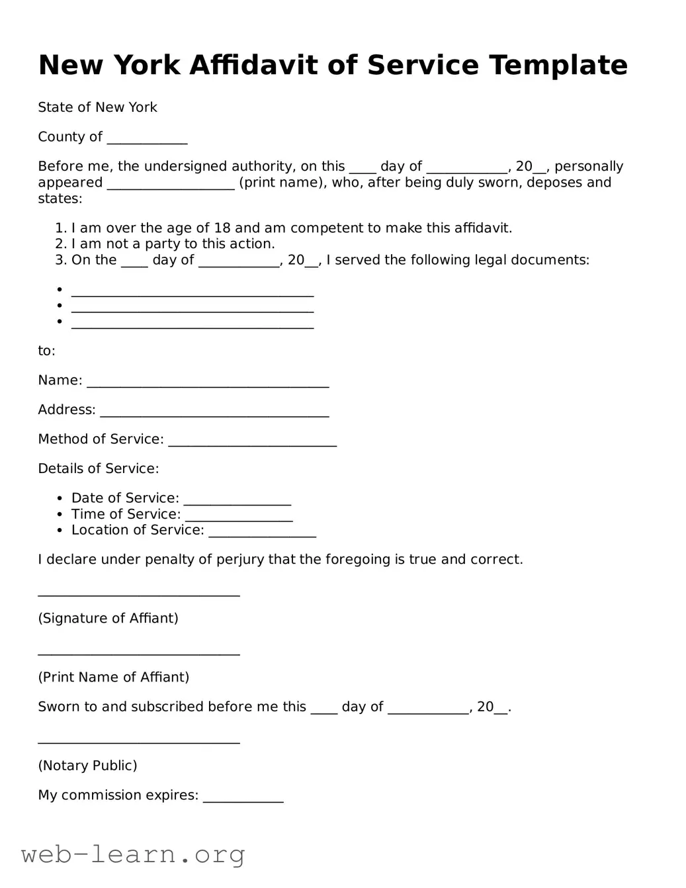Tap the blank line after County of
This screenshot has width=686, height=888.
pos(147,139)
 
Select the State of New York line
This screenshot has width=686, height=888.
pos(97,107)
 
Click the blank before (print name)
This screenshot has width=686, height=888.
pos(171,185)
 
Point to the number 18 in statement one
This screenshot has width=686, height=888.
pos(222,228)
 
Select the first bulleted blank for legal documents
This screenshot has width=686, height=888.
pos(192,292)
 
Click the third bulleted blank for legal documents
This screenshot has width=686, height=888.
pos(192,324)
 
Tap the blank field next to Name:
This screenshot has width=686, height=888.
pos(208,382)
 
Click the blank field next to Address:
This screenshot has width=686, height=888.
pos(214,412)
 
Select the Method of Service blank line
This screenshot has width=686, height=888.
pos(252,441)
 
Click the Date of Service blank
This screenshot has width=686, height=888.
pos(237,500)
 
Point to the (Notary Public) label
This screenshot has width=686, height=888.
pos(87,766)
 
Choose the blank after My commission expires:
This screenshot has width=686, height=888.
pos(243,797)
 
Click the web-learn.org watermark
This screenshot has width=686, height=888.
pos(133,854)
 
